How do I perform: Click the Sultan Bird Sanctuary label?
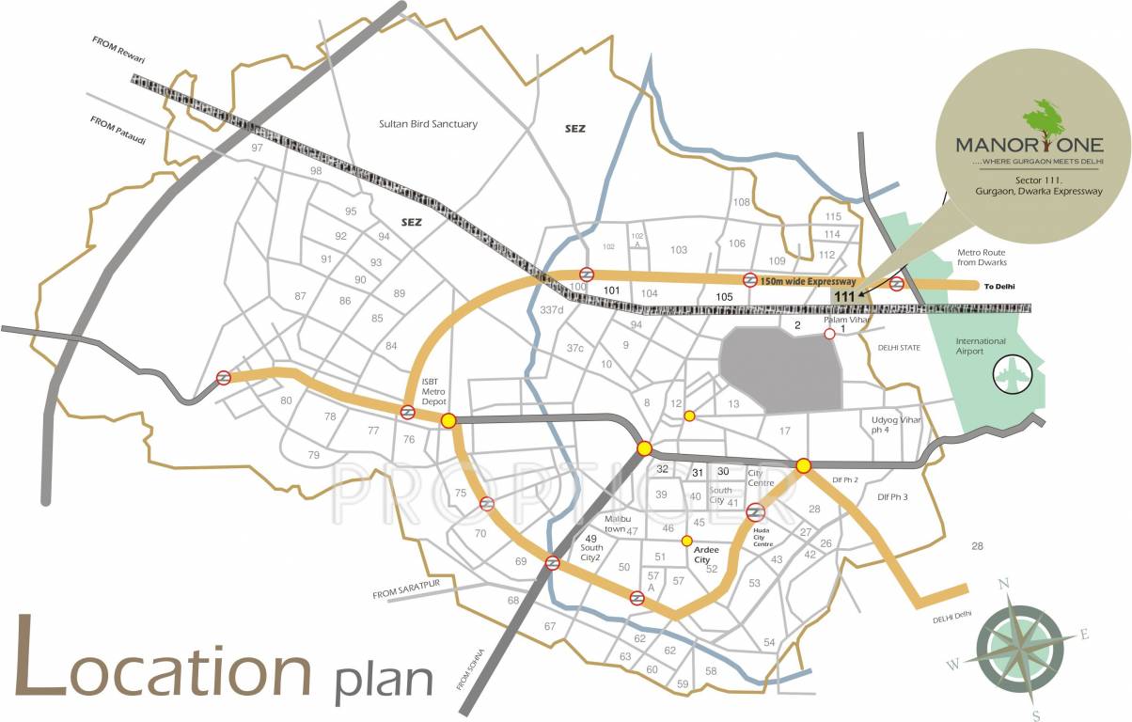[x=428, y=124]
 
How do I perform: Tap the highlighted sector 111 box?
[x=844, y=296]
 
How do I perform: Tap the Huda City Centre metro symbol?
[x=756, y=512]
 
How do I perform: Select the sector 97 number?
[x=257, y=149]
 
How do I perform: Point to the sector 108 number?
[x=742, y=203]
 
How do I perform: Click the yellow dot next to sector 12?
[x=689, y=416]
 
